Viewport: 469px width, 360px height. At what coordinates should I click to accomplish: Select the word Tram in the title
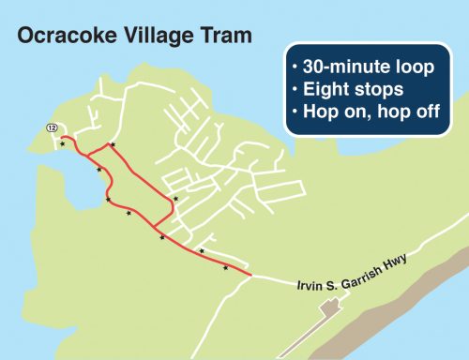(226, 37)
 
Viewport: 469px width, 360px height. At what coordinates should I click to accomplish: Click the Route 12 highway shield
(52, 127)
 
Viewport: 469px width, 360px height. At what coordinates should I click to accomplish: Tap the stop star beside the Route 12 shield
(62, 143)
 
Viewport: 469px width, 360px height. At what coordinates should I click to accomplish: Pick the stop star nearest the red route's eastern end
(225, 268)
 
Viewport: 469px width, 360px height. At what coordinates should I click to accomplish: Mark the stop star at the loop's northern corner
(112, 144)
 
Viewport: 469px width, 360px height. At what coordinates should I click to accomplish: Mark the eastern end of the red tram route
(251, 274)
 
